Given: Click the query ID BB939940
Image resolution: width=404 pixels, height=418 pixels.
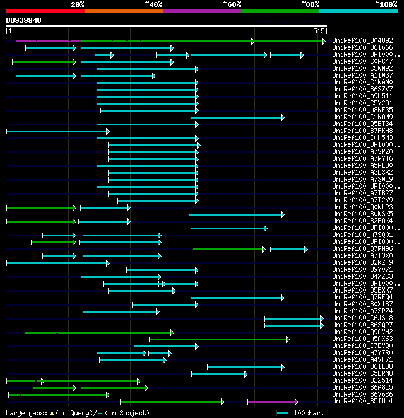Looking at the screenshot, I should [x=23, y=20].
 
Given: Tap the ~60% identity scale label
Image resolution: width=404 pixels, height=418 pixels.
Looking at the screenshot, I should [x=231, y=4].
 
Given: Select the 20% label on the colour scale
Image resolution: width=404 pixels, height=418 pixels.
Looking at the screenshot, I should [x=77, y=4].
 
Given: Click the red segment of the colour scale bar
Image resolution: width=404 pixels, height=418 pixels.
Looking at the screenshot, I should [x=45, y=11].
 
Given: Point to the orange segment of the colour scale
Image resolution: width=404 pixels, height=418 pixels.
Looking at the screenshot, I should [x=123, y=11].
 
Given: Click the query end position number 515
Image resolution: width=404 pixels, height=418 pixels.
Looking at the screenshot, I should [x=318, y=30].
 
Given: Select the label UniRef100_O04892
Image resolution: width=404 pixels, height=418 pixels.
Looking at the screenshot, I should [x=362, y=41].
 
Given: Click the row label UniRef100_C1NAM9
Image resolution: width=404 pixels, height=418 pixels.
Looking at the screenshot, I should [x=362, y=117].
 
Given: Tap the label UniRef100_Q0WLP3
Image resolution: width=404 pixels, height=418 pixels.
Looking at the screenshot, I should [x=362, y=207].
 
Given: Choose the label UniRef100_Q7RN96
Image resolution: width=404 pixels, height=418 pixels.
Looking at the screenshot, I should [x=362, y=249].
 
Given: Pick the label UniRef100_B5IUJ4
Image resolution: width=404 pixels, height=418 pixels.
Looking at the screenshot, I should [x=362, y=402].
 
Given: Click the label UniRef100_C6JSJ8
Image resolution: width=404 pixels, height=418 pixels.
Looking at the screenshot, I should [x=362, y=318].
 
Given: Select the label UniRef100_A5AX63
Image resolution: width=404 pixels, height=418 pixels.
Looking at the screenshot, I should [x=362, y=339].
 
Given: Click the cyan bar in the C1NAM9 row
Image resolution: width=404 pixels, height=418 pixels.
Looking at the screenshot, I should [x=237, y=117].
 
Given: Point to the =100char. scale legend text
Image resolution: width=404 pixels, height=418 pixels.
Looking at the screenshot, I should [x=306, y=413].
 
